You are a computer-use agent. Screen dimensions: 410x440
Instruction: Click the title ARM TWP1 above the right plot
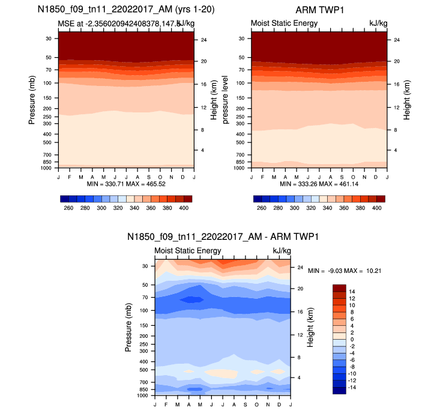pyautogui.click(x=319, y=10)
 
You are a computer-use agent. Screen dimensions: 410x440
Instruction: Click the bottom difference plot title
pyautogui.click(x=222, y=237)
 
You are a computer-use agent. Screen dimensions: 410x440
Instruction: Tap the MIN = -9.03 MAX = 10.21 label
pyautogui.click(x=345, y=271)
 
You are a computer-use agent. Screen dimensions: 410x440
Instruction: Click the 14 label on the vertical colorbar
pyautogui.click(x=352, y=290)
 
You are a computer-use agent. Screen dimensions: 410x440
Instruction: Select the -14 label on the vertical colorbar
pyautogui.click(x=352, y=388)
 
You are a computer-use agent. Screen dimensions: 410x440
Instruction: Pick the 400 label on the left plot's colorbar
pyautogui.click(x=184, y=207)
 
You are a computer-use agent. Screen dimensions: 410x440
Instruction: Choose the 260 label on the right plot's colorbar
pyautogui.click(x=261, y=207)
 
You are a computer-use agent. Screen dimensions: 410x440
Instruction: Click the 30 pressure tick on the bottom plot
pyautogui.click(x=145, y=266)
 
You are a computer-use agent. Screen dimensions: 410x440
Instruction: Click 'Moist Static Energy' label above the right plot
pyautogui.click(x=284, y=23)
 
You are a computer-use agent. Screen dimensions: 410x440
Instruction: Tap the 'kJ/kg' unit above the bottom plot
pyautogui.click(x=282, y=251)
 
